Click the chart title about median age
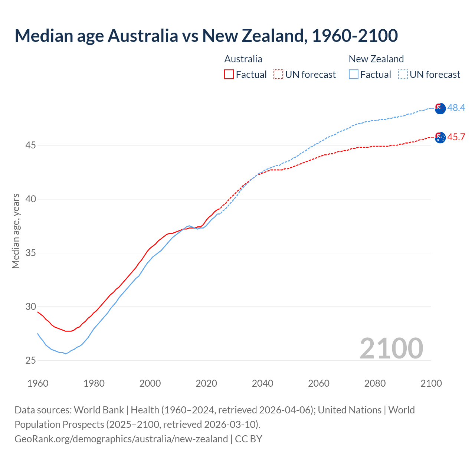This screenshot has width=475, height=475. coord(206,36)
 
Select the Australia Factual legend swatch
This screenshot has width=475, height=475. coord(229,74)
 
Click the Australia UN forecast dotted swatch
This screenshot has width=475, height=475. coord(278,74)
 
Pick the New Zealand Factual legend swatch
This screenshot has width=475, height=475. coord(354,74)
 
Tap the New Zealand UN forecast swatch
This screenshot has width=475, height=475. coord(403,74)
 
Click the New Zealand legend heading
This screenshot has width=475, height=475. coord(376,59)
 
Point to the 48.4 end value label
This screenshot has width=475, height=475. coord(456,108)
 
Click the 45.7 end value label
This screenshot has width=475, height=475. coord(456,137)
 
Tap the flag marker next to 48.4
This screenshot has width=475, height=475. coord(440,108)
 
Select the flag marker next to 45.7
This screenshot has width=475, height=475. coord(440,137)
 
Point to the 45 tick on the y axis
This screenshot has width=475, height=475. coord(30,145)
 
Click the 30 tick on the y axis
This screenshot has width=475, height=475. coord(30,307)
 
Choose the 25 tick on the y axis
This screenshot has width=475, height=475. coord(30,360)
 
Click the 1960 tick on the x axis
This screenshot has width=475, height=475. coord(38,383)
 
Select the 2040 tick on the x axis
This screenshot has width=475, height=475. coord(262,383)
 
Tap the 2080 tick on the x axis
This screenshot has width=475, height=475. coord(375,383)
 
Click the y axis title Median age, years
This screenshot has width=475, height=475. coord(16,231)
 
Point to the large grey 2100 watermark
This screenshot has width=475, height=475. coord(391,348)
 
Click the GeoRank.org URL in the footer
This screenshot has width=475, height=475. coord(121,439)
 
